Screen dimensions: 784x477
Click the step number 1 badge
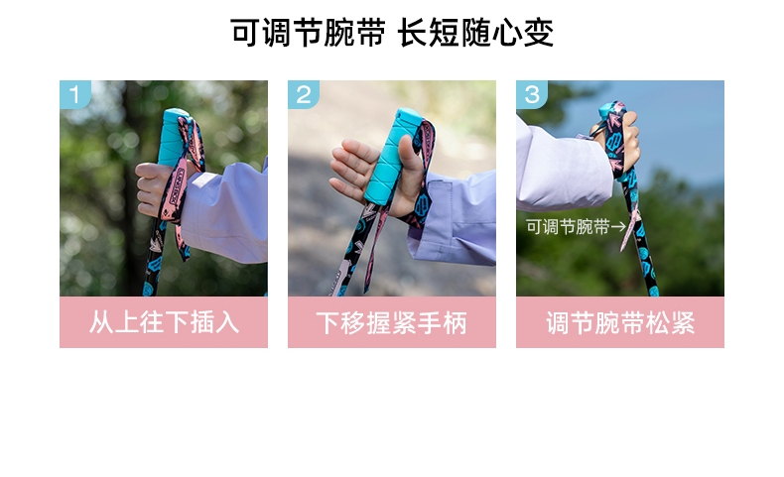[x=75, y=94]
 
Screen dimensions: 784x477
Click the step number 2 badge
[x=303, y=94]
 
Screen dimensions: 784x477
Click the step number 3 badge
[x=532, y=94]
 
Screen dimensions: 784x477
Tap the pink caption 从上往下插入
[x=164, y=322]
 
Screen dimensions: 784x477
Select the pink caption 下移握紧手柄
[x=391, y=322]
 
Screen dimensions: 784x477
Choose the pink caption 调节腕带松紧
[x=620, y=322]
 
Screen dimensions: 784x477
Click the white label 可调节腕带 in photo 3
[x=568, y=227]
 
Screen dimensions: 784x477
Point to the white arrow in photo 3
[x=618, y=227]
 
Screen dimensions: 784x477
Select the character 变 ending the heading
[x=539, y=33]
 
